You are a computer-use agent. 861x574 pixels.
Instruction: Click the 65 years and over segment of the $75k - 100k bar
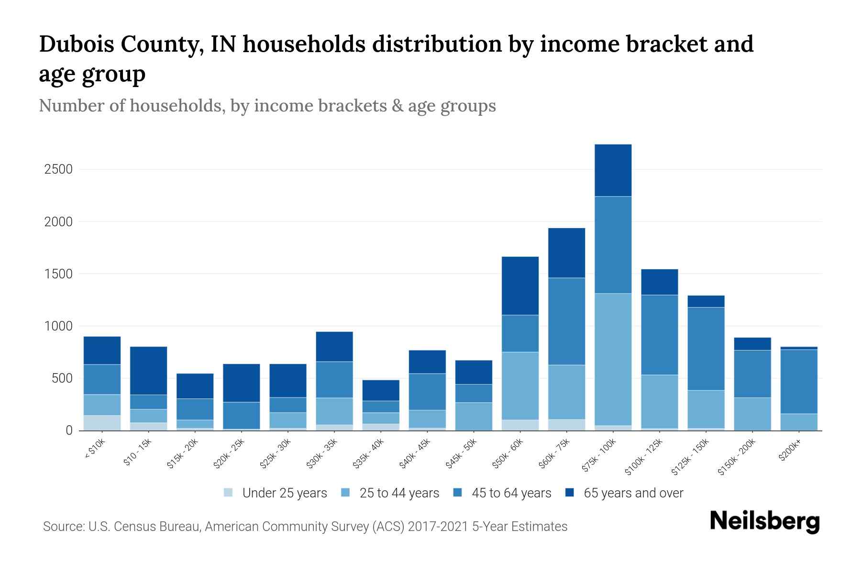[x=613, y=170]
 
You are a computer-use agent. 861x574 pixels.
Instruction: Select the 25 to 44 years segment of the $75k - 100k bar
[x=613, y=359]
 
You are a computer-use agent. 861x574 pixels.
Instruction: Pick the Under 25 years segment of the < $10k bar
[x=102, y=423]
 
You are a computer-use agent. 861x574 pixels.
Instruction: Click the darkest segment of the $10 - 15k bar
[x=148, y=370]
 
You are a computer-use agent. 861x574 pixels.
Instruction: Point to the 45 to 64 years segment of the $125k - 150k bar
[x=706, y=349]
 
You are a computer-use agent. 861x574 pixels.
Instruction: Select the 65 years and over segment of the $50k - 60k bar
[x=520, y=286]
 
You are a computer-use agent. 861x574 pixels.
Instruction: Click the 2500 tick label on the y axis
[x=58, y=169]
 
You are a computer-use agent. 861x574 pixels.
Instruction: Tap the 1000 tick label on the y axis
[x=58, y=326]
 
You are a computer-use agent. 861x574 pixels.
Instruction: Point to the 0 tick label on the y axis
[x=69, y=430]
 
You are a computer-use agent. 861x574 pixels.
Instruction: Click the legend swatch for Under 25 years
[x=229, y=493]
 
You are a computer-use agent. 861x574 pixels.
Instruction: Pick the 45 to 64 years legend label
[x=511, y=493]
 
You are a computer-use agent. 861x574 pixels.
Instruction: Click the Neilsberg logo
[x=764, y=522]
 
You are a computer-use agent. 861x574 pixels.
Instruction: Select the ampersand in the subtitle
[x=397, y=106]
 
